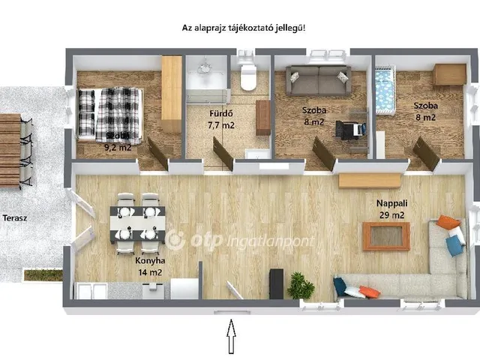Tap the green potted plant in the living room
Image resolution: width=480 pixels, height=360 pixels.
point(301,285)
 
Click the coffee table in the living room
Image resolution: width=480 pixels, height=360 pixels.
point(386,236)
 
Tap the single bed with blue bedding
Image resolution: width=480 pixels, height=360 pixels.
point(385,91)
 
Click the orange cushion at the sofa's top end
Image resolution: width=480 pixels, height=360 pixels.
point(448,222)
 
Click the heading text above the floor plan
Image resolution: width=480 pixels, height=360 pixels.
point(244,28)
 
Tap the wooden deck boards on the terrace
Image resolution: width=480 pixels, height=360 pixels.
point(10,150)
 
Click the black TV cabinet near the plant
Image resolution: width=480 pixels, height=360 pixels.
point(276,283)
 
